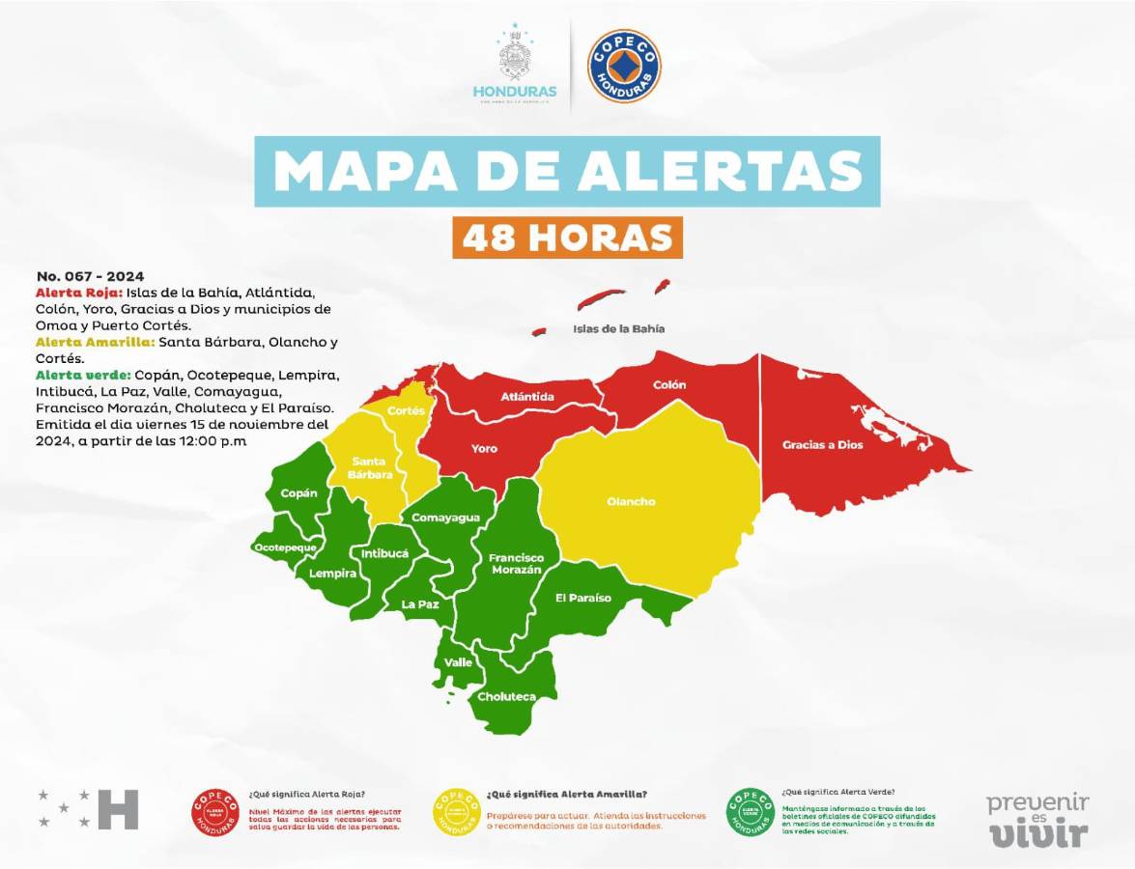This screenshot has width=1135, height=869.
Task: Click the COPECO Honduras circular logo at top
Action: pyautogui.click(x=624, y=67)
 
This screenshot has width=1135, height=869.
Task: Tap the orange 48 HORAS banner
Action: pyautogui.click(x=567, y=238)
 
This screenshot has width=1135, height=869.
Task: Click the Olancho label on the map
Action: pyautogui.click(x=631, y=502)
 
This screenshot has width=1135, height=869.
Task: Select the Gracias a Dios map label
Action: pyautogui.click(x=823, y=445)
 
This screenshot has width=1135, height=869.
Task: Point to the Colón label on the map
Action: pyautogui.click(x=669, y=384)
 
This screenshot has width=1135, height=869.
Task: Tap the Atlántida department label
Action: pyautogui.click(x=527, y=397)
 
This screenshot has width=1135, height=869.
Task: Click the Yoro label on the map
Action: pyautogui.click(x=484, y=449)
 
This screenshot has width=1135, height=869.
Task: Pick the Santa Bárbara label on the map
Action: pyautogui.click(x=371, y=467)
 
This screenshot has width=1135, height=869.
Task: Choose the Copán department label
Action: pyautogui.click(x=298, y=493)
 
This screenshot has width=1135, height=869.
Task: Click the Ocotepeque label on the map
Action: pyautogui.click(x=285, y=547)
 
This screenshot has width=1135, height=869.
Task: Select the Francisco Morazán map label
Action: pyautogui.click(x=515, y=564)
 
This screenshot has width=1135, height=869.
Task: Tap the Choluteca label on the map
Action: pyautogui.click(x=506, y=696)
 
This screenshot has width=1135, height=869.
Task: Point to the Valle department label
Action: pyautogui.click(x=458, y=663)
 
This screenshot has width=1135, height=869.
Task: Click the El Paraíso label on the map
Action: pyautogui.click(x=582, y=598)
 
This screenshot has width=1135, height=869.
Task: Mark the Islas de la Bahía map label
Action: pyautogui.click(x=618, y=328)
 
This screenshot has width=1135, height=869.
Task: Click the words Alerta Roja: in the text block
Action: pyautogui.click(x=78, y=292)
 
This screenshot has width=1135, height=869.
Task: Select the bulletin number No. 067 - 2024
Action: pyautogui.click(x=90, y=276)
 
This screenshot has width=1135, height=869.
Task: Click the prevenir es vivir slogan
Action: pyautogui.click(x=1036, y=819)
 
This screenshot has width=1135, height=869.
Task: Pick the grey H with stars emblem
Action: pyautogui.click(x=90, y=809)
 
